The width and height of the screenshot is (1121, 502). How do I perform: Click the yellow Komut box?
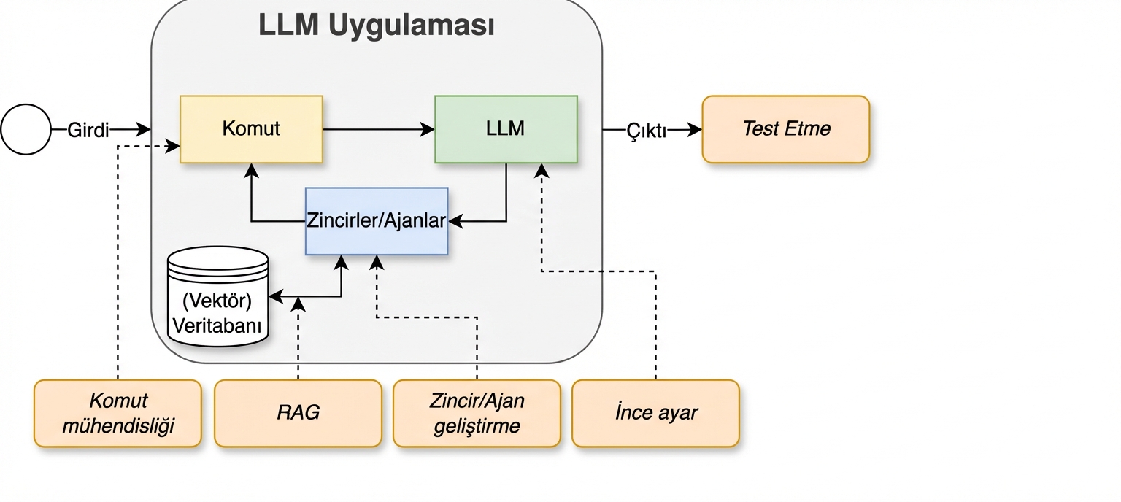[x=251, y=129]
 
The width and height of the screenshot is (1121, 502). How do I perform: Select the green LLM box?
[x=506, y=129]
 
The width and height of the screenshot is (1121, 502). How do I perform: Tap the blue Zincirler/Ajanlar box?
[x=376, y=221]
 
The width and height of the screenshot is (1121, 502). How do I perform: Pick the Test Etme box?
[x=786, y=129]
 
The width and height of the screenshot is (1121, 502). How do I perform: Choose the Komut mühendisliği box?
[x=118, y=413]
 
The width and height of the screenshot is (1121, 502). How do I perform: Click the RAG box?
[x=298, y=413]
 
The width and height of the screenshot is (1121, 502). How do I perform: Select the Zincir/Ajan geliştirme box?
[x=477, y=413]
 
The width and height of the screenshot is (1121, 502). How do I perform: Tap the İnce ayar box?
[x=655, y=413]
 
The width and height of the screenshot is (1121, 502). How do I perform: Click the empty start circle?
[x=26, y=130]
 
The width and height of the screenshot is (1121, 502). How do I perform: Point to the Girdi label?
[x=88, y=131]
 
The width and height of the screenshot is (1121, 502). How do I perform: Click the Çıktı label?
[x=646, y=131]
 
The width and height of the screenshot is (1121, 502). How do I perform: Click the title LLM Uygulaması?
[x=377, y=25]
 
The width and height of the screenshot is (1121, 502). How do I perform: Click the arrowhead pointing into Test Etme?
[x=696, y=130]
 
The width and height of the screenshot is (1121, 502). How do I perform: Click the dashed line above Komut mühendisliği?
[x=118, y=263]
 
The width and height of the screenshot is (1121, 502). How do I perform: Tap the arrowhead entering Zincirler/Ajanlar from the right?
[x=455, y=221]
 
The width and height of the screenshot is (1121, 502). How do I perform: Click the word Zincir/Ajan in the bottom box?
[x=477, y=401]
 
